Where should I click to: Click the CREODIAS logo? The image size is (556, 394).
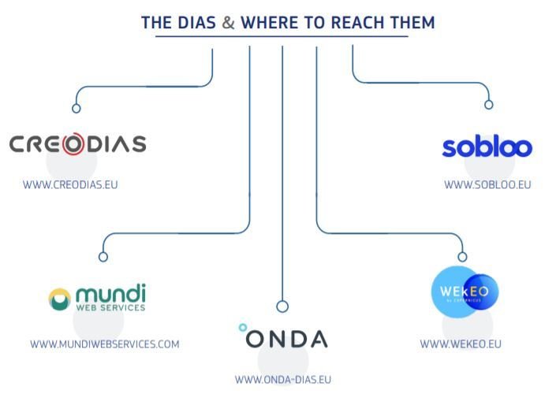pyautogui.click(x=77, y=144)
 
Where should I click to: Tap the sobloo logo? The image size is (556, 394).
pyautogui.click(x=487, y=147)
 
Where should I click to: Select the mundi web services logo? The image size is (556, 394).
pyautogui.click(x=97, y=299)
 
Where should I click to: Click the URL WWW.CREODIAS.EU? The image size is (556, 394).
pyautogui.click(x=70, y=185)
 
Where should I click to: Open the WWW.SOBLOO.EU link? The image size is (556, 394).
pyautogui.click(x=487, y=185)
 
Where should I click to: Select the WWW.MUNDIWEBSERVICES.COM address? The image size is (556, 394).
pyautogui.click(x=105, y=344)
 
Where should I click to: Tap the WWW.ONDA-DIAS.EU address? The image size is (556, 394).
pyautogui.click(x=283, y=380)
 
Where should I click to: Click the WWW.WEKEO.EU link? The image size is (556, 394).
pyautogui.click(x=461, y=344)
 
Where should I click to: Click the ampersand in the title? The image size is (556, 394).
pyautogui.click(x=228, y=23)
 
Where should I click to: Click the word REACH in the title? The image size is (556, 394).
pyautogui.click(x=341, y=23)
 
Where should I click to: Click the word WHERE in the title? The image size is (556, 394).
pyautogui.click(x=271, y=23)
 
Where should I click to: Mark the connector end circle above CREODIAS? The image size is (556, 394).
pyautogui.click(x=76, y=109)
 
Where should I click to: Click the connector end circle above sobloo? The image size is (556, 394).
pyautogui.click(x=488, y=105)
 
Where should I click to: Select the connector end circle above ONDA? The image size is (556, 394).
pyautogui.click(x=282, y=307)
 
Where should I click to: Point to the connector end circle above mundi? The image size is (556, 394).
pyautogui.click(x=103, y=257)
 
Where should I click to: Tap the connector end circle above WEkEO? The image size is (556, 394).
pyautogui.click(x=462, y=257)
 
